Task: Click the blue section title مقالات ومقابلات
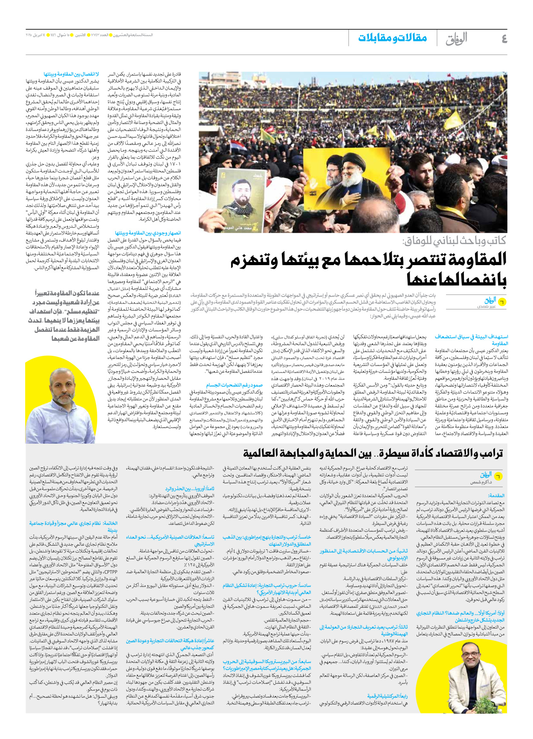coord(392,38)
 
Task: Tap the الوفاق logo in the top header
coord(456,39)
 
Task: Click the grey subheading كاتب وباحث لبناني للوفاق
coord(454,241)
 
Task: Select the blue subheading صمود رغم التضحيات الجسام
coord(234,385)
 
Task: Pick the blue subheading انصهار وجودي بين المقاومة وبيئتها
coord(148,233)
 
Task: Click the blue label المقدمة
coord(496,496)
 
